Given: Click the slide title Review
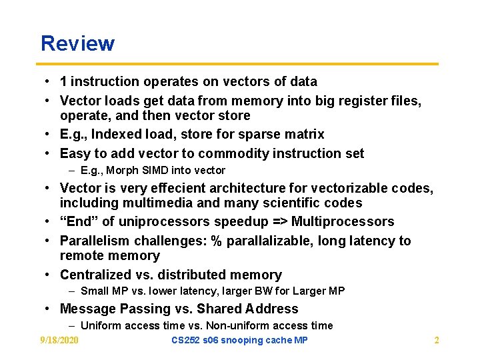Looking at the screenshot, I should coord(77,44).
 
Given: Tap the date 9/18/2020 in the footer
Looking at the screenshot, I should coord(59,341).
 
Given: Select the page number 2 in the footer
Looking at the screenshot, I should coord(437,341).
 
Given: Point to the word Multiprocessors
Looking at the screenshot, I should coord(343,222).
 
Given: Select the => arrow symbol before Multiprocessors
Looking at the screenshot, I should coord(279,222).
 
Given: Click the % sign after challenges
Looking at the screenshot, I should coord(216,241).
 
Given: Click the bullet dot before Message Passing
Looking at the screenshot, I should coord(49,309).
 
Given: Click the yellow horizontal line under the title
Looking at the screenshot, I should coord(239,64).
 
